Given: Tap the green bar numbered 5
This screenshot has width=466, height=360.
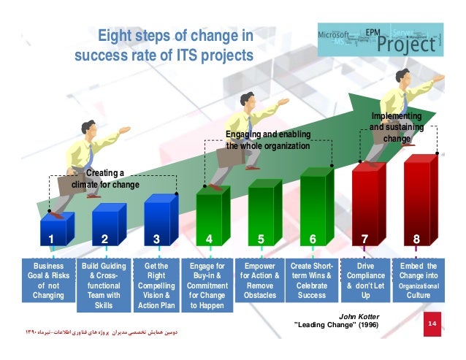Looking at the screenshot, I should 261,210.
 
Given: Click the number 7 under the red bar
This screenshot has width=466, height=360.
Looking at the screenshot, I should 365,238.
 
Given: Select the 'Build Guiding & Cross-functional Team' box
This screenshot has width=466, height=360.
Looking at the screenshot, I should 104,286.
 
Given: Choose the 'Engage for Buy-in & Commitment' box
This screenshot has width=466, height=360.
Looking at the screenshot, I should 207,286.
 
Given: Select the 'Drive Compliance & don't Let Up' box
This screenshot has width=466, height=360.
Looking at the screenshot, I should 365,281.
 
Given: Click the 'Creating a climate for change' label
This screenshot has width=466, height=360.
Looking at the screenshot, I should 105,179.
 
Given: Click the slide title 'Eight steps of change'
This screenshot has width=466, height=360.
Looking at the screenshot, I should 175,36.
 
